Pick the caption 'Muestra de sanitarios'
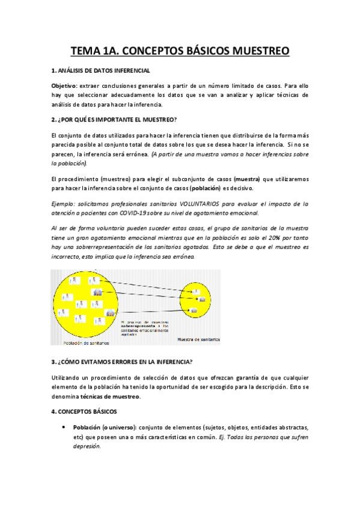[198, 340]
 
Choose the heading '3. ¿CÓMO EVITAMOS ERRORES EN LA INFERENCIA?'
[122, 361]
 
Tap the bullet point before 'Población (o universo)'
[64, 427]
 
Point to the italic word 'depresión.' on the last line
[85, 447]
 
